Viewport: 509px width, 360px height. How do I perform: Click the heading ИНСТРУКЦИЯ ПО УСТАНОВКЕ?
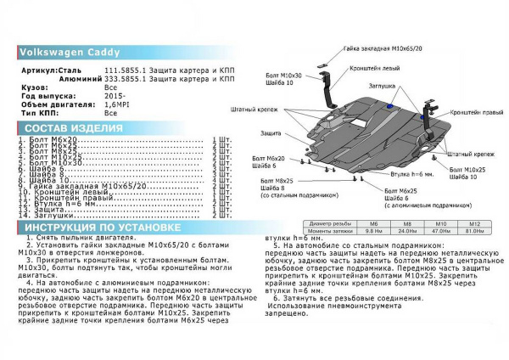(101, 228)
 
